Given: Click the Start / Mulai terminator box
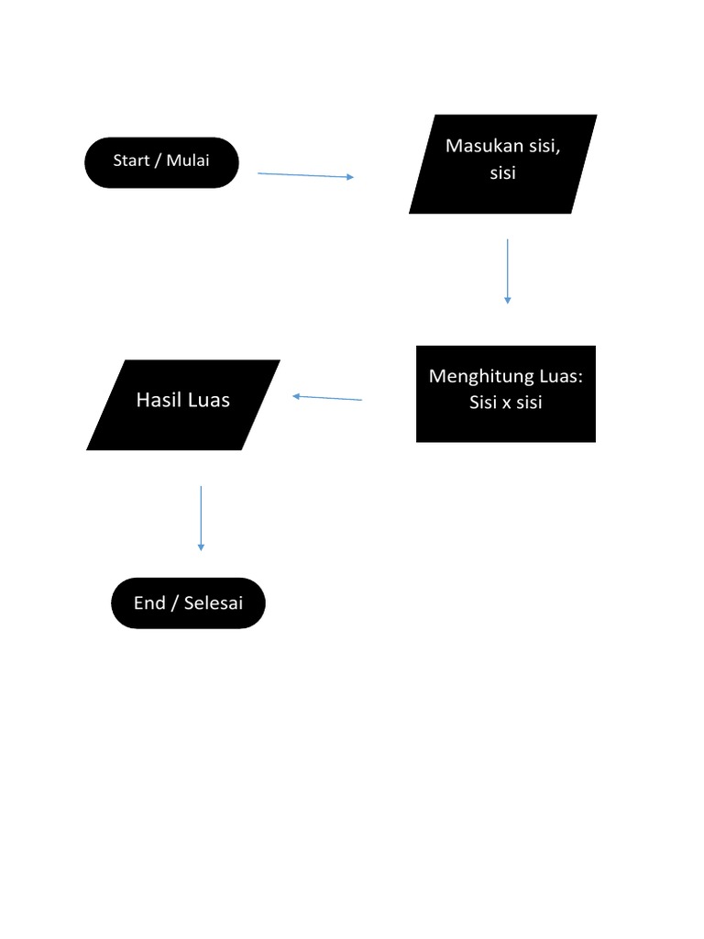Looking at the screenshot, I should click(x=161, y=162).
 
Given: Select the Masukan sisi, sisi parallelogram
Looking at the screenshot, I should click(x=502, y=164).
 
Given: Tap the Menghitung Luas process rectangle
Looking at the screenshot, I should click(x=506, y=393).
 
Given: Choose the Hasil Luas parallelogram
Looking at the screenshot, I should click(x=183, y=404).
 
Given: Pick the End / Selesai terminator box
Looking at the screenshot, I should click(x=188, y=603).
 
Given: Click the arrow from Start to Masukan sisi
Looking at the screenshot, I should click(x=305, y=175).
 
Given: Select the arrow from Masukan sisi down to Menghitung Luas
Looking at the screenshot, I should click(x=507, y=271).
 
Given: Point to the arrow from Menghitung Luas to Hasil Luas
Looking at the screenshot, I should click(x=327, y=398).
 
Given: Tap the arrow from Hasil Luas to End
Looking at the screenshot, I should click(x=201, y=518).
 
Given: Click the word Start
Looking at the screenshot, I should click(x=131, y=160).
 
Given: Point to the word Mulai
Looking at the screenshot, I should click(x=188, y=160).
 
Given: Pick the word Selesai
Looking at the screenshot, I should click(x=214, y=603).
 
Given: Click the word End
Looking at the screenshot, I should click(x=149, y=603).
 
